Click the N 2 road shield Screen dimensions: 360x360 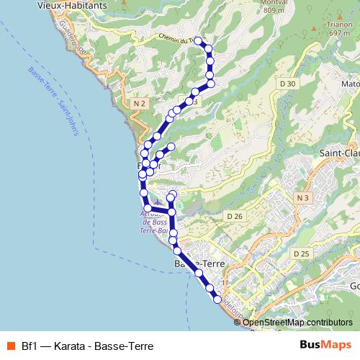click(140, 104)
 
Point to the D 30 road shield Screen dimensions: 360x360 click(287, 84)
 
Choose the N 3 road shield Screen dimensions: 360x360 click(302, 198)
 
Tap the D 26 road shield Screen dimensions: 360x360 click(234, 216)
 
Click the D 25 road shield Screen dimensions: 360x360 click(301, 254)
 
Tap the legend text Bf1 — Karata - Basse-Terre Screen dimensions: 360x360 click(87, 346)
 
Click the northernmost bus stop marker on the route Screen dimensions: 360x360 click(198, 41)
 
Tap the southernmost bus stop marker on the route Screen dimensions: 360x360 click(217, 298)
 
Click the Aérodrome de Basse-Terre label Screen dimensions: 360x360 click(154, 222)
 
